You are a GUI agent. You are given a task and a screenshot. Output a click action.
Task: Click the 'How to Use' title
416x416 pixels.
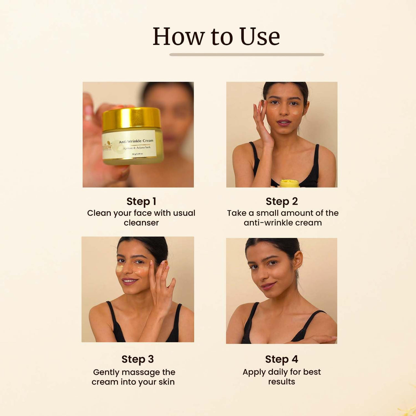coord(216,36)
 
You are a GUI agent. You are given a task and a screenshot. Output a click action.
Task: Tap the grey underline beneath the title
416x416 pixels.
coord(247,55)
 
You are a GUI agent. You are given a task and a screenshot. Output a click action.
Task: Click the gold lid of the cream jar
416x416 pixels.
coord(132,119)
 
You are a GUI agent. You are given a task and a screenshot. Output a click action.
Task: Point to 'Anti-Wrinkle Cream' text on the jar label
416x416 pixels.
coord(136,141)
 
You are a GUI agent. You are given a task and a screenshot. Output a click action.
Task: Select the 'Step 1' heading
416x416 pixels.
coord(141,201)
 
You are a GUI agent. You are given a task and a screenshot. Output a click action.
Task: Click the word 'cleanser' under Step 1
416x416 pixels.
coord(141,223)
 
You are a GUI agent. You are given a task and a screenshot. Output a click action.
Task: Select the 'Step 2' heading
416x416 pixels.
coord(281,201)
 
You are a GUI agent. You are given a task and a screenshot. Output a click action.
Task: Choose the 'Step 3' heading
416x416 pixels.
coord(137,359)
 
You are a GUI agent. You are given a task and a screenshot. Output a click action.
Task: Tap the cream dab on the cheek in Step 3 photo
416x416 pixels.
coord(120,268)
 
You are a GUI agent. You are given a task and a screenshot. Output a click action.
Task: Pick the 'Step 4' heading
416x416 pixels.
coord(281,359)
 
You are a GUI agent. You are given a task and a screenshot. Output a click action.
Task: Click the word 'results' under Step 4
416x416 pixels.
coord(281,382)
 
